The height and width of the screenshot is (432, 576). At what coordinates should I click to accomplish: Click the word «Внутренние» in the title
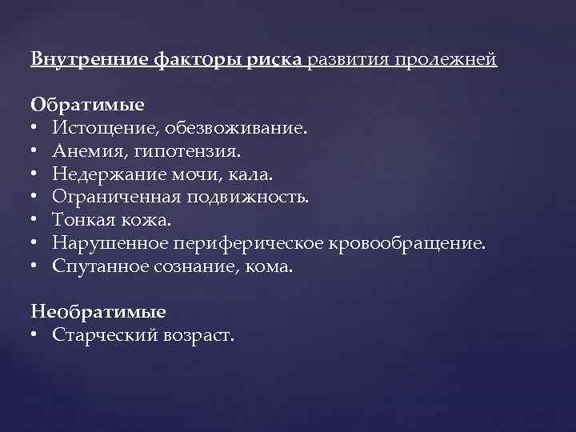[x=76, y=60]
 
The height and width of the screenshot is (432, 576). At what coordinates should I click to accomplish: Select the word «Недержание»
[x=104, y=172]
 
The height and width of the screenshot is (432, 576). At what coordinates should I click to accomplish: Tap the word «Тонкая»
[x=81, y=218]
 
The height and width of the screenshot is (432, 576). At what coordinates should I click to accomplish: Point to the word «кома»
[x=273, y=266]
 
